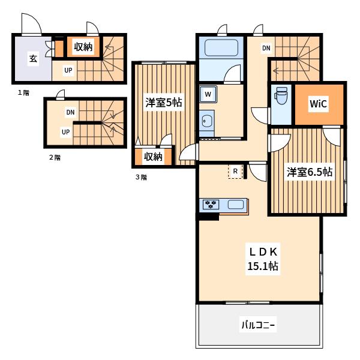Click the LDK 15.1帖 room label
tap(263, 259)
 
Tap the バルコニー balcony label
tap(258, 325)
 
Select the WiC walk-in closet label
tap(318, 104)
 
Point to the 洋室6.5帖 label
tap(310, 172)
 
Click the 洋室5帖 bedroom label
tap(164, 103)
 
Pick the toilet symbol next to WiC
tap(281, 96)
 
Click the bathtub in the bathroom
tap(221, 48)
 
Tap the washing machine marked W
tap(208, 94)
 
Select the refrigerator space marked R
tap(235, 171)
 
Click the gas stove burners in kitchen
tap(211, 204)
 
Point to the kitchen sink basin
tap(235, 204)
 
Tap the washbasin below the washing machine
tap(206, 121)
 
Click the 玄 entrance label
tap(33, 59)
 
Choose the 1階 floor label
tap(23, 93)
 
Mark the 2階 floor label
tap(55, 157)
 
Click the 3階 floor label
tap(141, 177)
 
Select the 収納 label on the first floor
tap(83, 47)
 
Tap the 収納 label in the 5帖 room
tap(153, 157)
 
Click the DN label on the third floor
tap(266, 48)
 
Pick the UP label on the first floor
tap(68, 70)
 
